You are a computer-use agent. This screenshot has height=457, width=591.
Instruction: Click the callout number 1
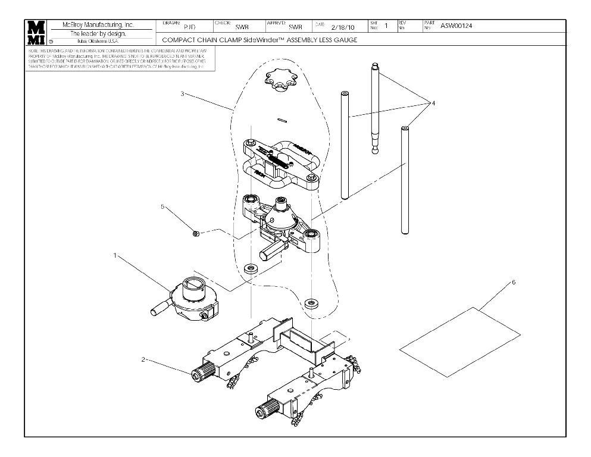tap(115, 255)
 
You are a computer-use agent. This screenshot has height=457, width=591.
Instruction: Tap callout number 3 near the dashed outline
tap(182, 95)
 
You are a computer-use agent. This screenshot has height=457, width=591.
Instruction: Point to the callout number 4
tap(433, 103)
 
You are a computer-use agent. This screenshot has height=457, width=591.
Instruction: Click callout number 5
tap(162, 206)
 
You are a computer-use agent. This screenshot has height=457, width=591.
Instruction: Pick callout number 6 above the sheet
tap(514, 282)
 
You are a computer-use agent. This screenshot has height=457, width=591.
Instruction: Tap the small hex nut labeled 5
tap(197, 233)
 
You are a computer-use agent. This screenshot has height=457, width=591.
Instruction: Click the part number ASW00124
tap(456, 26)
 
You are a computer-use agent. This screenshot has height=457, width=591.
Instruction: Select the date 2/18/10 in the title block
tap(342, 27)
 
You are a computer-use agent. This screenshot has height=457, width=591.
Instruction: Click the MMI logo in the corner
tap(36, 33)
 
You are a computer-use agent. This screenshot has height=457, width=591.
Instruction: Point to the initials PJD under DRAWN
tap(188, 27)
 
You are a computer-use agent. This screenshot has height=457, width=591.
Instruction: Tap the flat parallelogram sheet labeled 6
tap(459, 343)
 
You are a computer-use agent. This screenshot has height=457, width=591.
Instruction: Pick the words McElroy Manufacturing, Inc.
tap(98, 25)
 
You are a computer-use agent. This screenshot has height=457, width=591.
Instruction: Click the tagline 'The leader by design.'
tap(98, 33)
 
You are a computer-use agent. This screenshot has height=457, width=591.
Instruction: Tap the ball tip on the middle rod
tap(375, 151)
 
